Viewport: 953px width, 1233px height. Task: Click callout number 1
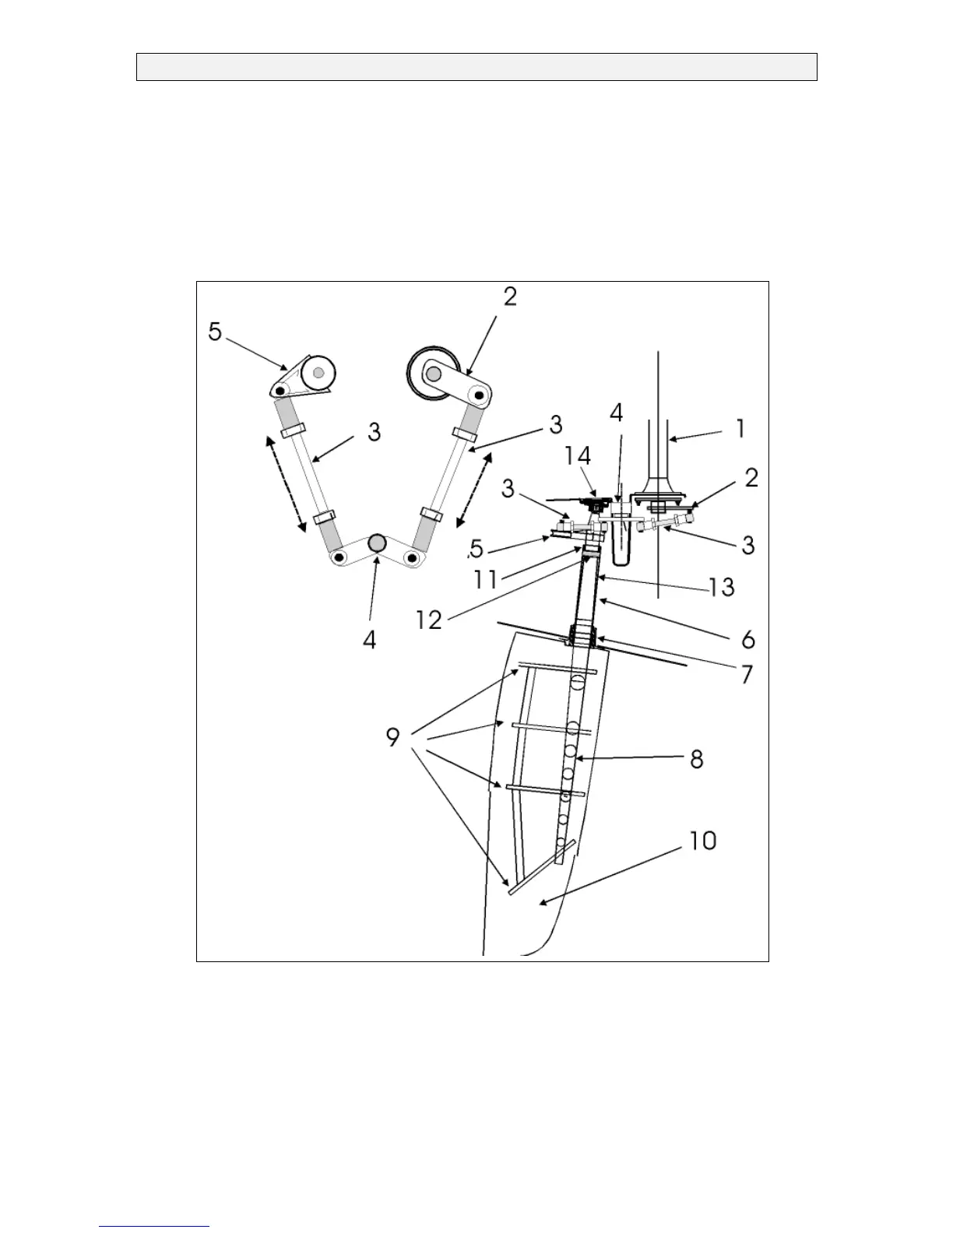click(x=740, y=429)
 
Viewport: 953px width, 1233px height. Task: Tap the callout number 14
click(x=578, y=457)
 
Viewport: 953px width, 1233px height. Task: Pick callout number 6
click(x=747, y=639)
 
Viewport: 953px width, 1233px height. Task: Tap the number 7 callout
click(x=746, y=673)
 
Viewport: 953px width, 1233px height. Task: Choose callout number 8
click(x=697, y=758)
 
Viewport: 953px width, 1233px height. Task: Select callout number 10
click(x=703, y=841)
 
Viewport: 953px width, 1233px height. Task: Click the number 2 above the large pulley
click(x=510, y=297)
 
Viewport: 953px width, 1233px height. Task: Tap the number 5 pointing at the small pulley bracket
click(x=215, y=332)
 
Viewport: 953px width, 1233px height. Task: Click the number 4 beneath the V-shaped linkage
click(x=369, y=640)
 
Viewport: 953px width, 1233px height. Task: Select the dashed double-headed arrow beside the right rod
click(x=474, y=490)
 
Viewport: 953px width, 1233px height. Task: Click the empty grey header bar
click(x=476, y=67)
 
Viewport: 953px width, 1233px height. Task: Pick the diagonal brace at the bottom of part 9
click(x=542, y=867)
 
